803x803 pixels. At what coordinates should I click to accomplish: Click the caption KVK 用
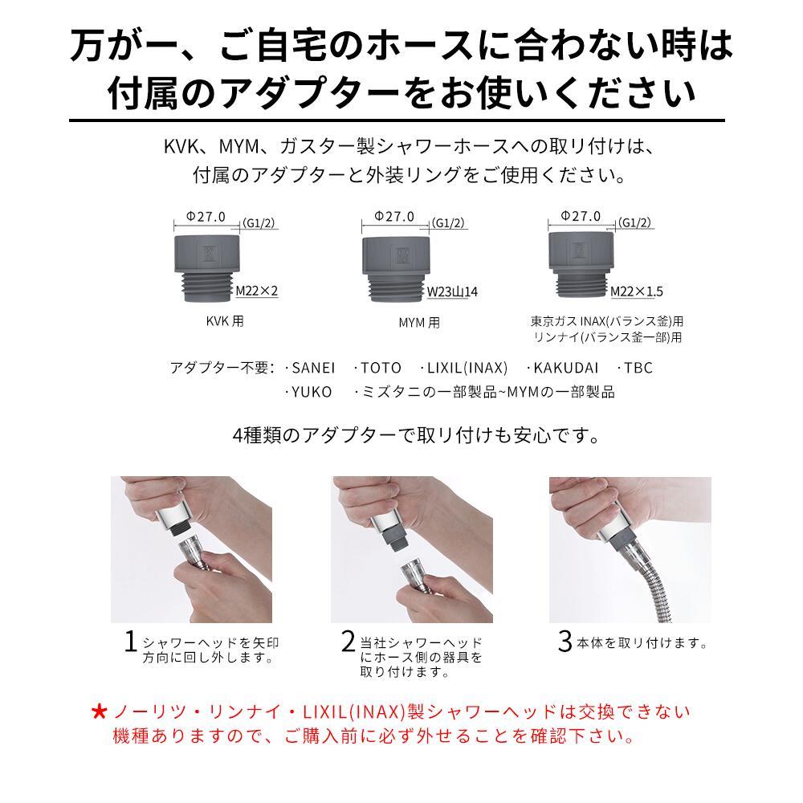click(x=225, y=322)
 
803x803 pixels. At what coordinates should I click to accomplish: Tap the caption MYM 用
click(x=419, y=324)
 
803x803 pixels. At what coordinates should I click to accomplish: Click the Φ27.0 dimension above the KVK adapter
click(x=206, y=217)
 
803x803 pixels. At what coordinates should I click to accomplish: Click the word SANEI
click(x=312, y=369)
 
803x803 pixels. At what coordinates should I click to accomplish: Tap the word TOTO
click(x=380, y=369)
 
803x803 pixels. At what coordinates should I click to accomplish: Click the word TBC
click(x=638, y=369)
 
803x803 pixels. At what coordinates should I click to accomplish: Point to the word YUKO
click(x=312, y=393)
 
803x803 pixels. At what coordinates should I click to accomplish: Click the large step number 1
click(x=130, y=642)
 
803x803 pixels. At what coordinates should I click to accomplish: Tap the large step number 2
click(x=348, y=642)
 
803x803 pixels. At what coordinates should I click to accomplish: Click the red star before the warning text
click(x=99, y=712)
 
